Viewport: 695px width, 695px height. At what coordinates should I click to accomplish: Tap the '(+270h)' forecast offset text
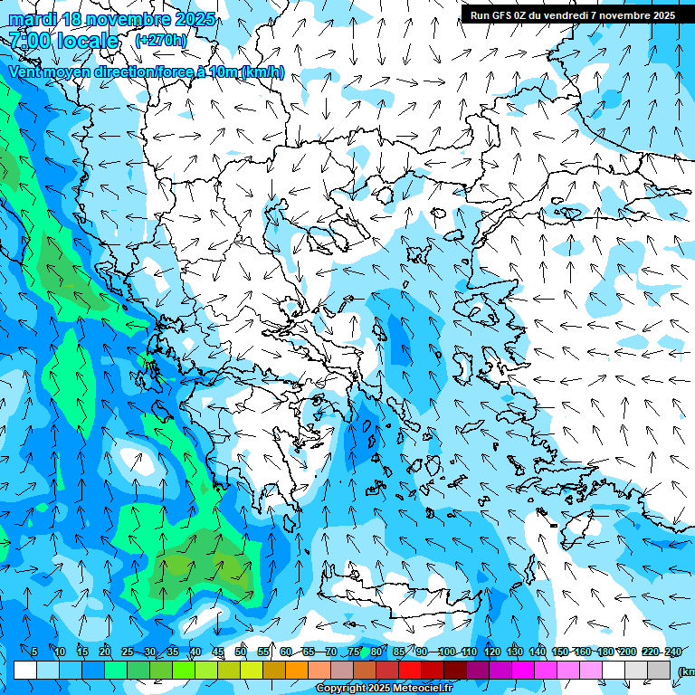pyautogui.click(x=160, y=40)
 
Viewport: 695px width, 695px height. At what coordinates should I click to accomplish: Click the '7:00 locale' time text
pyautogui.click(x=64, y=41)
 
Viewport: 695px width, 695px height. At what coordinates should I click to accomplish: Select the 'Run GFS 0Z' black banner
pyautogui.click(x=571, y=14)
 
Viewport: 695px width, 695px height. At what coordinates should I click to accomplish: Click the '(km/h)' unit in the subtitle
pyautogui.click(x=262, y=72)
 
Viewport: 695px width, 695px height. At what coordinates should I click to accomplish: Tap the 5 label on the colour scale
pyautogui.click(x=33, y=652)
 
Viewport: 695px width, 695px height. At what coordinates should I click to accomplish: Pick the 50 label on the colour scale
pyautogui.click(x=240, y=652)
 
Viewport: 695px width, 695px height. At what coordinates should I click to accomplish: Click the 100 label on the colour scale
pyautogui.click(x=446, y=652)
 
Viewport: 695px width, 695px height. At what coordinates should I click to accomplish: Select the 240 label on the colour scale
pyautogui.click(x=673, y=652)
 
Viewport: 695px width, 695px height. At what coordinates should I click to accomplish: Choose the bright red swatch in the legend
pyautogui.click(x=410, y=670)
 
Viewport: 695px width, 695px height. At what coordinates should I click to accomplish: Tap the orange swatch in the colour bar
pyautogui.click(x=274, y=670)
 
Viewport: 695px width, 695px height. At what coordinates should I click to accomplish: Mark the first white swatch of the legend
pyautogui.click(x=25, y=670)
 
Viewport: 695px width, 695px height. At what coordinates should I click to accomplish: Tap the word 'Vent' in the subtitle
pyautogui.click(x=25, y=72)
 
